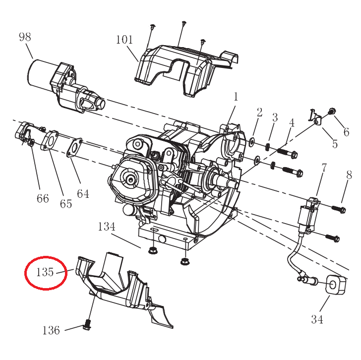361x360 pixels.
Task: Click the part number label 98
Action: click(x=25, y=37)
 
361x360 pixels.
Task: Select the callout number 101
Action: click(x=124, y=40)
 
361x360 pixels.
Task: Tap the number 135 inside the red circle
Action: click(x=45, y=272)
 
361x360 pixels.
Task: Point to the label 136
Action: click(x=51, y=330)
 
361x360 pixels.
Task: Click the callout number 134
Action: click(x=107, y=227)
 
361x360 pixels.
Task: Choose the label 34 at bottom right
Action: click(x=317, y=319)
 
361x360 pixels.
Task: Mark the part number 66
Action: click(x=43, y=198)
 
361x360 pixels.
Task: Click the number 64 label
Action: click(x=83, y=193)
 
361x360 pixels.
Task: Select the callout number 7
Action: click(x=324, y=168)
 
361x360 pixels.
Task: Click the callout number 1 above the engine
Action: click(x=236, y=96)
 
